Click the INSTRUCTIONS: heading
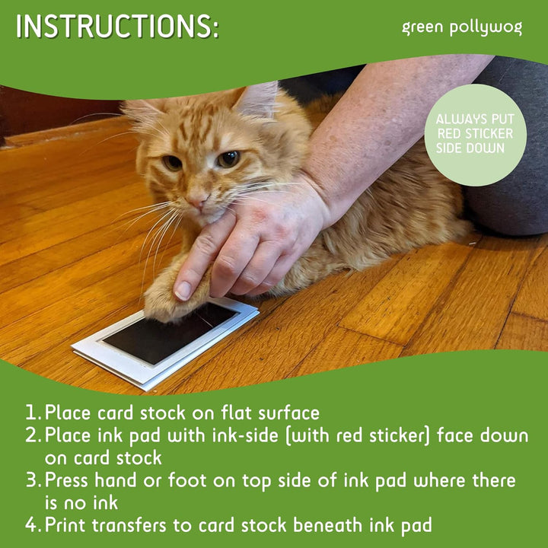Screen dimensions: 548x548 coord(117,27)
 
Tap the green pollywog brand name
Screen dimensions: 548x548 coord(462,28)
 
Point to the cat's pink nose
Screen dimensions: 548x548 coord(196,199)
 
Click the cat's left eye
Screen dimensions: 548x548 coord(173,162)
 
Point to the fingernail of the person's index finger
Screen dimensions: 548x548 coord(183,290)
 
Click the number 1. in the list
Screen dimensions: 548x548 coord(33,413)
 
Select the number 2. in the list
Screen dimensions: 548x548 coord(33,436)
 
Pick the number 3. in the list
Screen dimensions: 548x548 coord(33,481)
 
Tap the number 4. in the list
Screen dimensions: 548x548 coord(33,524)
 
